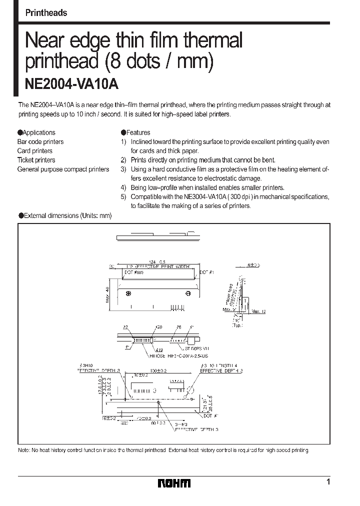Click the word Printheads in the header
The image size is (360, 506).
pyautogui.click(x=46, y=13)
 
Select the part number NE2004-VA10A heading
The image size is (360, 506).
pyautogui.click(x=71, y=84)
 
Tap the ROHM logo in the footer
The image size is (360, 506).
pyautogui.click(x=174, y=483)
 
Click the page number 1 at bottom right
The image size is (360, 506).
pyautogui.click(x=328, y=482)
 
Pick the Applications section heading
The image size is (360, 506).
pyautogui.click(x=36, y=132)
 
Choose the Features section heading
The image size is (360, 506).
pyautogui.click(x=135, y=132)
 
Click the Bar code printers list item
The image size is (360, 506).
pyautogui.click(x=40, y=142)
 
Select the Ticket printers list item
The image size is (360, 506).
pyautogui.click(x=36, y=160)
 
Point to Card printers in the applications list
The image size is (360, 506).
pyautogui.click(x=35, y=151)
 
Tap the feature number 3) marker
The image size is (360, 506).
pyautogui.click(x=123, y=169)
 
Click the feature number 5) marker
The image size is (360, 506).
pyautogui.click(x=123, y=197)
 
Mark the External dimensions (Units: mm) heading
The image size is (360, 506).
pyautogui.click(x=64, y=215)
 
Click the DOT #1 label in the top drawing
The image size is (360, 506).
pyautogui.click(x=207, y=272)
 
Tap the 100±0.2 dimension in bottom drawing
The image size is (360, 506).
pyautogui.click(x=160, y=371)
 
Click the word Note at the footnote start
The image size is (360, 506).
pyautogui.click(x=24, y=450)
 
